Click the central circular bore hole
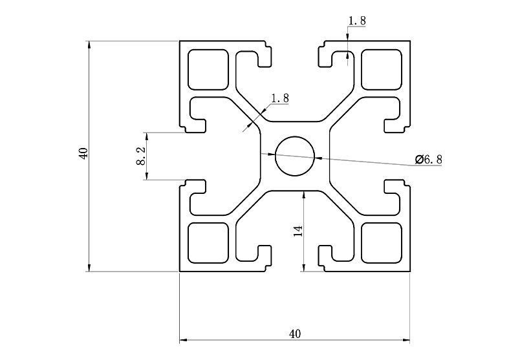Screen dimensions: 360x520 click(295, 155)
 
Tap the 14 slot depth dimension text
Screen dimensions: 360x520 click(298, 231)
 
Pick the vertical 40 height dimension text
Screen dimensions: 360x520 click(82, 154)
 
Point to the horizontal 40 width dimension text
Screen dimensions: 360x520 click(295, 334)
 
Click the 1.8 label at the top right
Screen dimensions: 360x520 click(357, 21)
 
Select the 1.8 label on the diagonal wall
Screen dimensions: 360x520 click(280, 98)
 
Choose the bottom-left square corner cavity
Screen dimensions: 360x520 click(208, 243)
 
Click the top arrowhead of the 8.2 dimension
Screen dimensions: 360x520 click(148, 136)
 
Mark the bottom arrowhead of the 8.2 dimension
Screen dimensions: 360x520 click(148, 176)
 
